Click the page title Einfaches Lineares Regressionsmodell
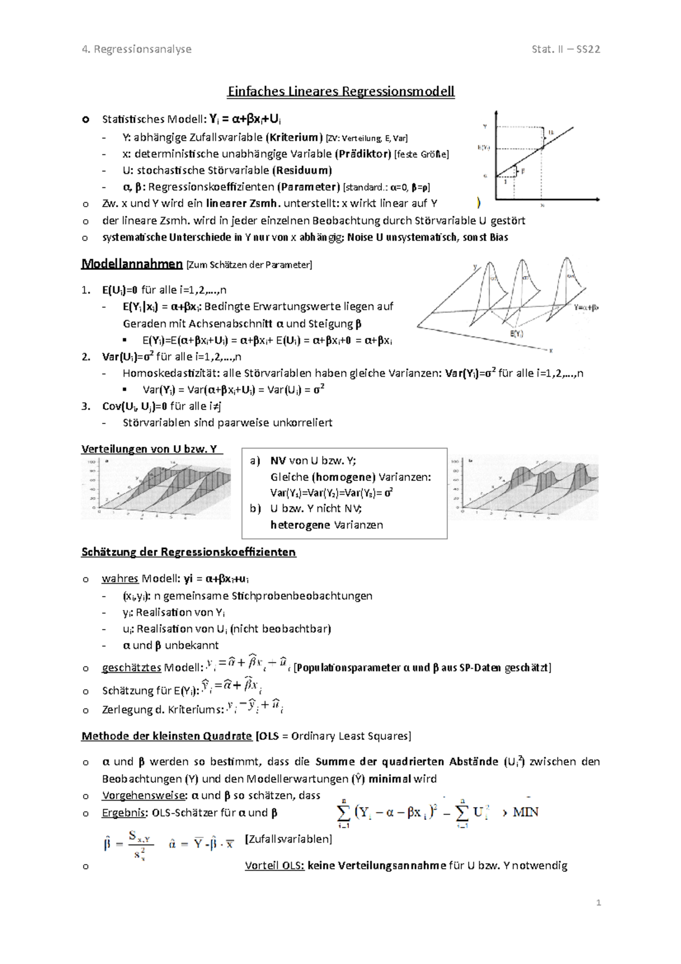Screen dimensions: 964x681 click(x=340, y=91)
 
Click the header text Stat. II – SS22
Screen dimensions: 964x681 click(x=565, y=49)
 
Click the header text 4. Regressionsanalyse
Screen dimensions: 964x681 click(x=137, y=49)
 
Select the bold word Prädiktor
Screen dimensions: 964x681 click(x=363, y=154)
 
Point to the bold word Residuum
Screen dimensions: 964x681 click(x=302, y=170)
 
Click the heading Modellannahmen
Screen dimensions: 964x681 click(x=132, y=264)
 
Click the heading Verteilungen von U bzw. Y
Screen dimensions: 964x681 click(x=149, y=450)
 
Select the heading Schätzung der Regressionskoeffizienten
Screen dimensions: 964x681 click(x=188, y=552)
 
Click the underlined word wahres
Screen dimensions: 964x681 click(x=120, y=579)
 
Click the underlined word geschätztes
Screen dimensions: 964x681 click(x=132, y=668)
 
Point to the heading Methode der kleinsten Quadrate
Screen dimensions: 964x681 click(x=166, y=736)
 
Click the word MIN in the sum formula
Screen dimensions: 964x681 click(x=526, y=812)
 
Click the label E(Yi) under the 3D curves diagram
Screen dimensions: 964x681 click(x=516, y=334)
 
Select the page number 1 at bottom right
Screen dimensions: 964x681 click(x=598, y=903)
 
